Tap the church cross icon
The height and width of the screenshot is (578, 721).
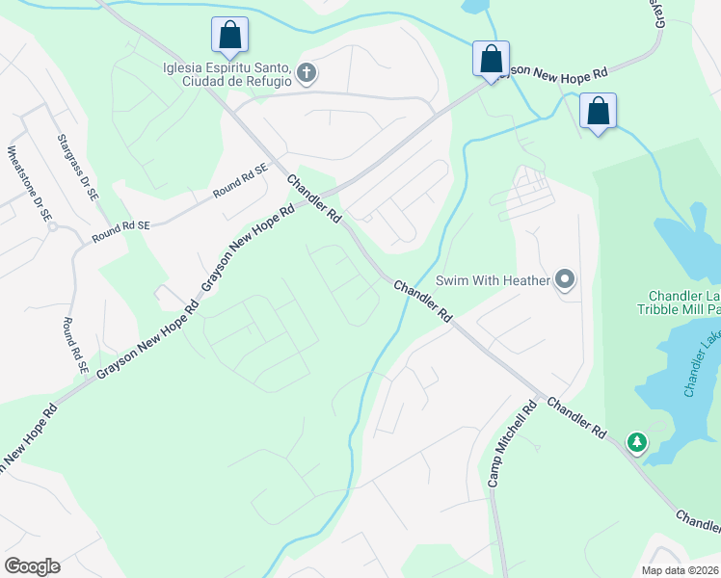(x=307, y=73)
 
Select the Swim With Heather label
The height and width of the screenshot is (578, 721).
(x=493, y=280)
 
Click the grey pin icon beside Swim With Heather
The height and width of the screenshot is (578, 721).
(x=566, y=280)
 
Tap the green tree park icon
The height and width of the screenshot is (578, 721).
(x=636, y=443)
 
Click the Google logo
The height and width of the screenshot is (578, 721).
(x=32, y=566)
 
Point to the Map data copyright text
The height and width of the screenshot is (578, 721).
(x=681, y=570)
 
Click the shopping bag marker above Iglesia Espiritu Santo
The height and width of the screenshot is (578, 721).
(x=230, y=36)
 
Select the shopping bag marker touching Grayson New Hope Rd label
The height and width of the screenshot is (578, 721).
(x=491, y=59)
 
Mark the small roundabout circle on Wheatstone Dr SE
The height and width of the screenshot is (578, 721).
(x=53, y=227)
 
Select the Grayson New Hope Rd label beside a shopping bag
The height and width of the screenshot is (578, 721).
(x=560, y=69)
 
